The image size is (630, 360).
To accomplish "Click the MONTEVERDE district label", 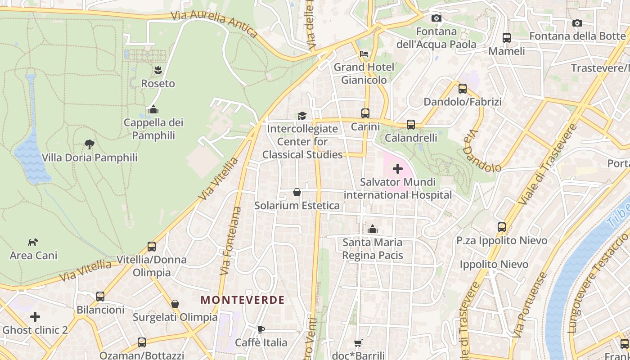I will tap(243, 300).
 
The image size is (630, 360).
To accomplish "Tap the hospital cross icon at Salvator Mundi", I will tap(397, 169).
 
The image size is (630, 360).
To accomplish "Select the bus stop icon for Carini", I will tap(365, 113).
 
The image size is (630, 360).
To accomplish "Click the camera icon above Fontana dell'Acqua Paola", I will tap(436, 18).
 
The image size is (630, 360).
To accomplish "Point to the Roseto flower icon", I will tap(158, 70).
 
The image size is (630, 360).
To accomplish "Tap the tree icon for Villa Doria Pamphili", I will tap(90, 144).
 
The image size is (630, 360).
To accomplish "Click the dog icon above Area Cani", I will tap(33, 243).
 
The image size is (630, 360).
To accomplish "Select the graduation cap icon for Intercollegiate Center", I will tap(302, 116).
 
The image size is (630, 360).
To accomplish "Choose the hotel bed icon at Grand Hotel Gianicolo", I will tap(364, 54).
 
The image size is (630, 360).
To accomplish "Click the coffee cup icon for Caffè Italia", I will tap(261, 330).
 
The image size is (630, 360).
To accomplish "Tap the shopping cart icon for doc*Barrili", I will tap(358, 343).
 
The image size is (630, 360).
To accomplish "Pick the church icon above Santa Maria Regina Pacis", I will tap(372, 229).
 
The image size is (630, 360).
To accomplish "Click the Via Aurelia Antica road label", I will tap(214, 23).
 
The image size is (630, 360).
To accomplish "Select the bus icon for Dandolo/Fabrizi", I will tap(462, 89).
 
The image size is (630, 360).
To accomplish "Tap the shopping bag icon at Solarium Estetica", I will tap(297, 193).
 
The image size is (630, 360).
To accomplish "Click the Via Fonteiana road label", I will tap(231, 241).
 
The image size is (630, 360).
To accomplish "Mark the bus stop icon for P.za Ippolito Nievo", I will tap(502, 227).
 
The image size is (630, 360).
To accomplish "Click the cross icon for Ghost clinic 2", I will tap(35, 317).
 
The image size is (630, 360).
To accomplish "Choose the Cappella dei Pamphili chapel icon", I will tap(153, 109).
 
